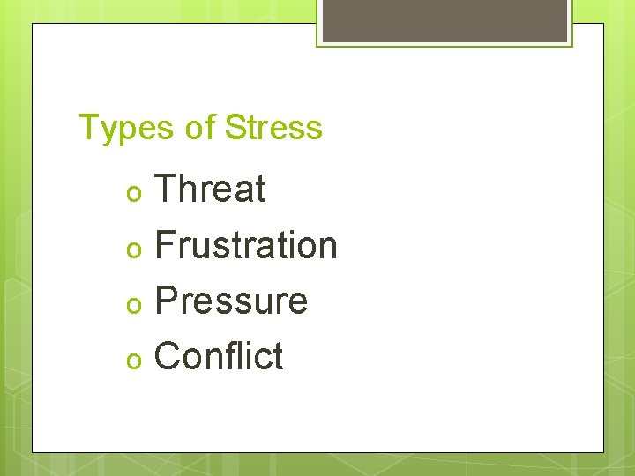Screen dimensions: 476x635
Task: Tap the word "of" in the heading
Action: tap(200, 129)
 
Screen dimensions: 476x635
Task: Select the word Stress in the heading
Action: tap(273, 129)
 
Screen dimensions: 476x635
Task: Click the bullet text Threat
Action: tap(210, 190)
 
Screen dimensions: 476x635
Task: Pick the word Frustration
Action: tap(246, 245)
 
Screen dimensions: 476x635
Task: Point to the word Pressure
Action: tap(231, 301)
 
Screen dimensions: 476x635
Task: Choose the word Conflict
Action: tap(219, 356)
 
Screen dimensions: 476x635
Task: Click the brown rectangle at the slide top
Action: tap(444, 20)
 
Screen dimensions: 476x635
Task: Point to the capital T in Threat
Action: tap(165, 190)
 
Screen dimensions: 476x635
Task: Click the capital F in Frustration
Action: tap(165, 245)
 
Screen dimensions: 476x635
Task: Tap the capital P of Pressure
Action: tap(166, 301)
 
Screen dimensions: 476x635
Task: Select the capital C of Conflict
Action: tap(168, 356)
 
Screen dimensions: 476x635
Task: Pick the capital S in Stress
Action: tap(235, 129)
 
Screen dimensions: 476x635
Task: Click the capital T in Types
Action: tap(88, 129)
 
